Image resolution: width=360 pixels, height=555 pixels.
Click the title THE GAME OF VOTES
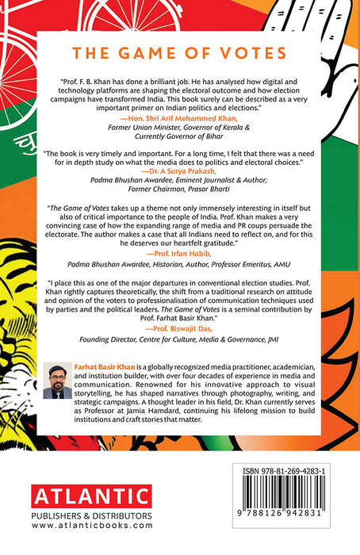click(x=179, y=54)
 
